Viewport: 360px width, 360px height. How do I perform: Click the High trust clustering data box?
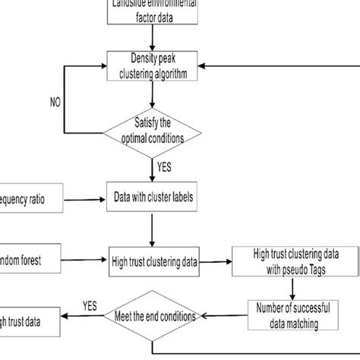[153, 262]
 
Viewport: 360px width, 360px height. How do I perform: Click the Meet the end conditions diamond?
[153, 315]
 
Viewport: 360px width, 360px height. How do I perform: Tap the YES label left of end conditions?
[90, 307]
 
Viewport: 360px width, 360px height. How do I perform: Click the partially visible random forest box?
[23, 262]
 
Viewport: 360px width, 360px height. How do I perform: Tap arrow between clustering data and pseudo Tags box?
[216, 262]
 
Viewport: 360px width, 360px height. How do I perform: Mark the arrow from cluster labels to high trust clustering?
[153, 229]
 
